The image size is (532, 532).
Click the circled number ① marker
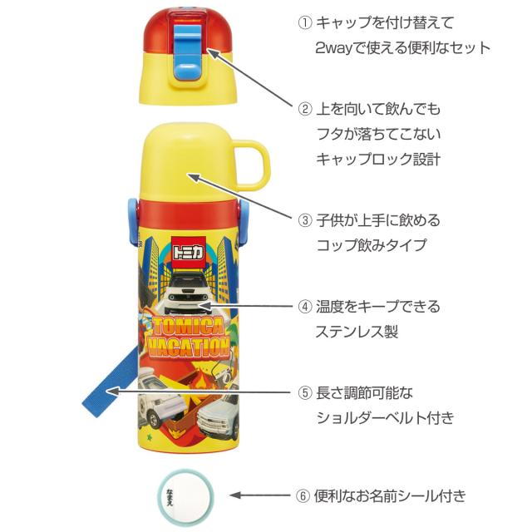[x=304, y=22]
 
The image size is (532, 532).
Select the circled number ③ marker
[x=304, y=221]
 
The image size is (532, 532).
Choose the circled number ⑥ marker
[x=304, y=496]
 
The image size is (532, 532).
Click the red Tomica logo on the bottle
[x=190, y=249]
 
